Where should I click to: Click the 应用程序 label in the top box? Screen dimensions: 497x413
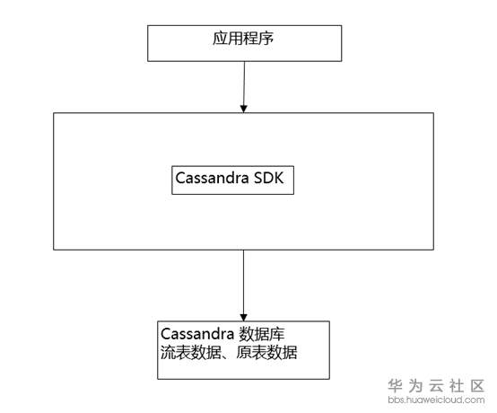pos(243,39)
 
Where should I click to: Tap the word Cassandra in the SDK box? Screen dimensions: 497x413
pos(212,178)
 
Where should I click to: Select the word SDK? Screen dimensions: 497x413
pos(269,178)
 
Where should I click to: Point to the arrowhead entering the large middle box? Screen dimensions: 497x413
pos(243,109)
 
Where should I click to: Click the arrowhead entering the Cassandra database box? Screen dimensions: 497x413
pos(243,317)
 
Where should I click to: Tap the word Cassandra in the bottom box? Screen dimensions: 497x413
pos(197,334)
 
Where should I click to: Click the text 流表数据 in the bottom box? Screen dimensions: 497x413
pos(190,353)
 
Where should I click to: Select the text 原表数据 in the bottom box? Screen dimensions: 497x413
pos(266,353)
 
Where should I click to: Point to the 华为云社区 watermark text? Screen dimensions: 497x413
pos(436,386)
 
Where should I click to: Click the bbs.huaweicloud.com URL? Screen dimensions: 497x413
pos(436,400)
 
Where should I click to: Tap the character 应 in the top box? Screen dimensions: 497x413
pos(220,39)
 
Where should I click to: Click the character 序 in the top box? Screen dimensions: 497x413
pos(266,39)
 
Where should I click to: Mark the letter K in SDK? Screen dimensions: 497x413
pos(279,178)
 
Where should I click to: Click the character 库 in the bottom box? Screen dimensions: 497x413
pos(277,334)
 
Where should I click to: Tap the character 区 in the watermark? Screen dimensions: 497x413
pos(477,386)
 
